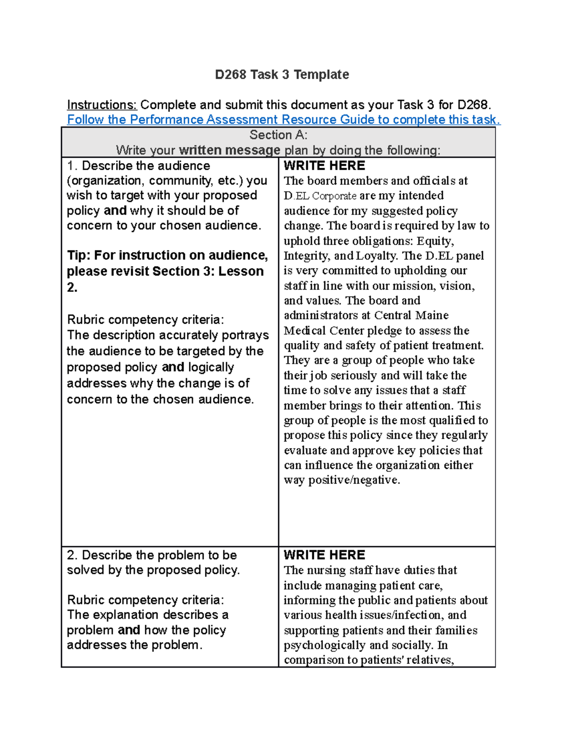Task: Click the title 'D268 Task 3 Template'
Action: pyautogui.click(x=282, y=75)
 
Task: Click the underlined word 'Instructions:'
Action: pyautogui.click(x=102, y=105)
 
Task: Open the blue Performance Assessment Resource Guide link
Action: pyautogui.click(x=283, y=119)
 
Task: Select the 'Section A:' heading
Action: pyautogui.click(x=278, y=135)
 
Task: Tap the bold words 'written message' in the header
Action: pyautogui.click(x=230, y=150)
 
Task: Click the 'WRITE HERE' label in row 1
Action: pyautogui.click(x=324, y=165)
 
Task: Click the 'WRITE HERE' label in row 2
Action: pyautogui.click(x=324, y=555)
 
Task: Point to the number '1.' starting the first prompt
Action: pyautogui.click(x=72, y=166)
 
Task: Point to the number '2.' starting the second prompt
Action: pyautogui.click(x=72, y=555)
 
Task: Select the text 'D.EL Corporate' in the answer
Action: pyautogui.click(x=320, y=196)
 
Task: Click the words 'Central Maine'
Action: pyautogui.click(x=411, y=316)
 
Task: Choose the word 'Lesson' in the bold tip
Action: pyautogui.click(x=241, y=271)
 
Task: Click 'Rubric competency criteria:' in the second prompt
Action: pyautogui.click(x=145, y=600)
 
